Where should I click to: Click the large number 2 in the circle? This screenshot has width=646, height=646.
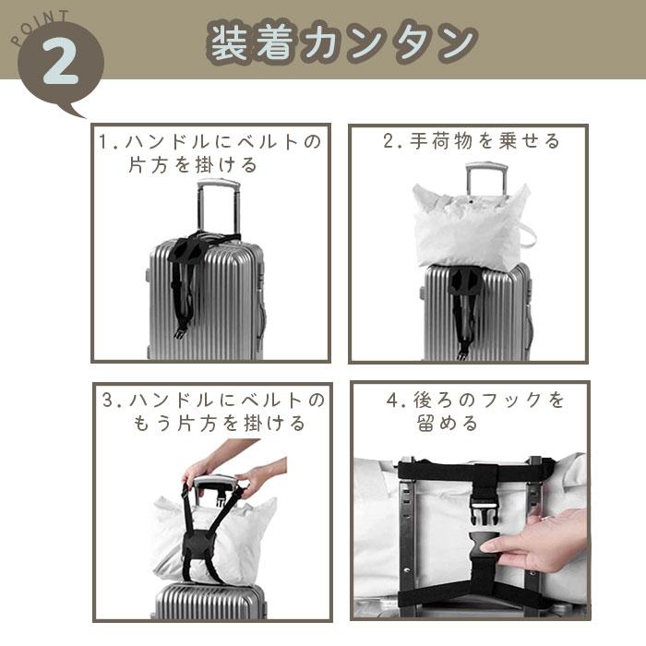coord(60,62)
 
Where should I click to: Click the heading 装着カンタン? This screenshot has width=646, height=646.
coord(342,42)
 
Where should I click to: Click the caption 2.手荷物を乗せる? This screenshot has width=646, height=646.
coord(472,141)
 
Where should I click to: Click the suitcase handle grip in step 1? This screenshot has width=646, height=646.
coord(218,184)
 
